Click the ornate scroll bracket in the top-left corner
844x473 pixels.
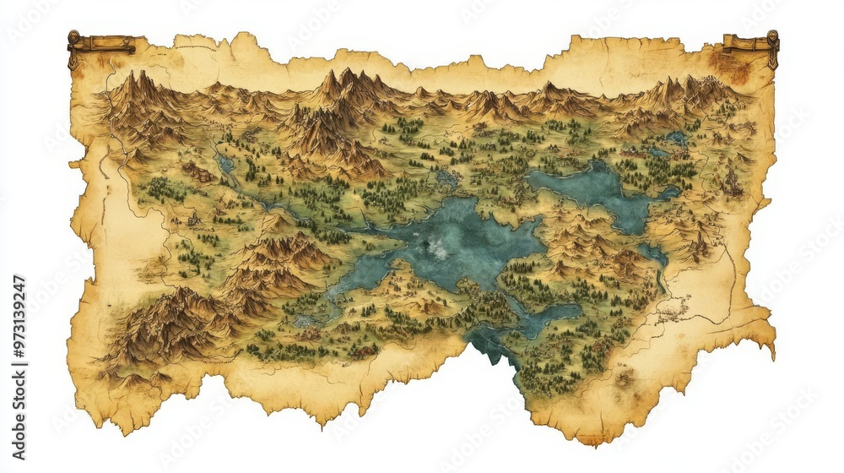(x=100, y=43)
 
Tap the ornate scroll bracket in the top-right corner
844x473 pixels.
(x=752, y=44)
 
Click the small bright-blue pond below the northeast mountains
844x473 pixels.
(x=677, y=137)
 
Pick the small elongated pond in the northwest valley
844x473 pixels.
(x=225, y=164)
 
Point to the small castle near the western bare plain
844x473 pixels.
(x=194, y=220)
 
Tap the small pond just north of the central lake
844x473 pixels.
(x=446, y=179)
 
